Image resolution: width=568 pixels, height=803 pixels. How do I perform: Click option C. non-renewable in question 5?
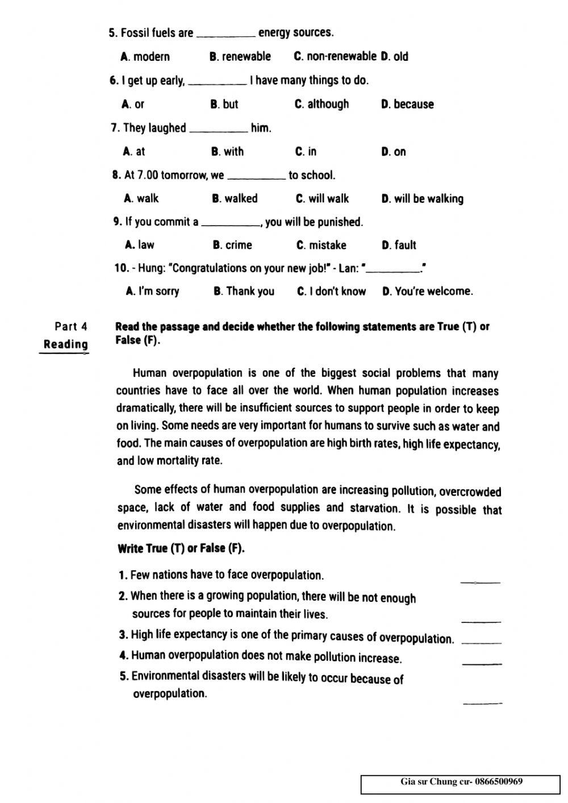(x=335, y=56)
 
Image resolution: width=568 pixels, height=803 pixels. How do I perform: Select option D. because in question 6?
(x=407, y=104)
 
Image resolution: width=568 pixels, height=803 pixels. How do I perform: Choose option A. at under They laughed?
(x=134, y=152)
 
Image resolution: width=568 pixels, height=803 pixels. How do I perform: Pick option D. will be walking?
(x=422, y=199)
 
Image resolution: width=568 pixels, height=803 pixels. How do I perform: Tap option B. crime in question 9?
(x=232, y=245)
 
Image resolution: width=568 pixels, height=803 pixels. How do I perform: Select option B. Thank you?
(x=244, y=292)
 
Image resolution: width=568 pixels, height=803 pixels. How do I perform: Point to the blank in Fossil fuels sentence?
(x=225, y=35)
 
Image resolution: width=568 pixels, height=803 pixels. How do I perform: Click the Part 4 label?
(x=71, y=326)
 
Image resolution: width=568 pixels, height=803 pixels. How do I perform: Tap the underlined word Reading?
(x=66, y=344)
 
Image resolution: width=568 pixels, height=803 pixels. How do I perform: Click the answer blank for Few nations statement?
(x=481, y=581)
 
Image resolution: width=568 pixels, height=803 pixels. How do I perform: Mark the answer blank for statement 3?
(x=482, y=642)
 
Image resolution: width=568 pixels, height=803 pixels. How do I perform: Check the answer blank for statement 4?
(x=482, y=662)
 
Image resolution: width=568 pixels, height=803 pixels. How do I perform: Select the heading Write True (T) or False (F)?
(x=181, y=549)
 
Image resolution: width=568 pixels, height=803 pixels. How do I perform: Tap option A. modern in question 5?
(x=145, y=56)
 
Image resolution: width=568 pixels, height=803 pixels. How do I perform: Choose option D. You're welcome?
(x=427, y=292)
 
